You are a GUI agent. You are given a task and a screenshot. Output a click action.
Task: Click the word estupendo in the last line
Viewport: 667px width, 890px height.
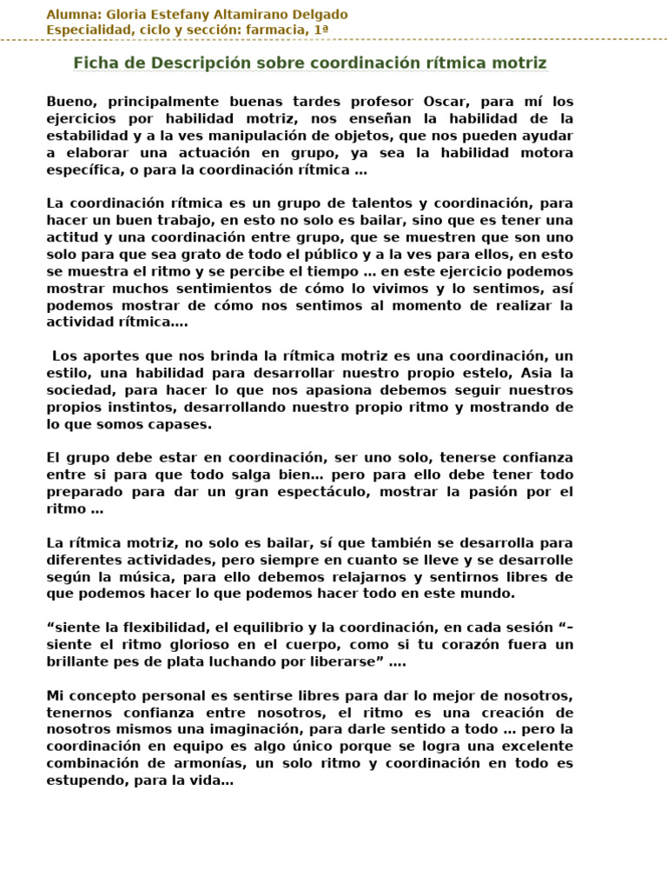point(86,780)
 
